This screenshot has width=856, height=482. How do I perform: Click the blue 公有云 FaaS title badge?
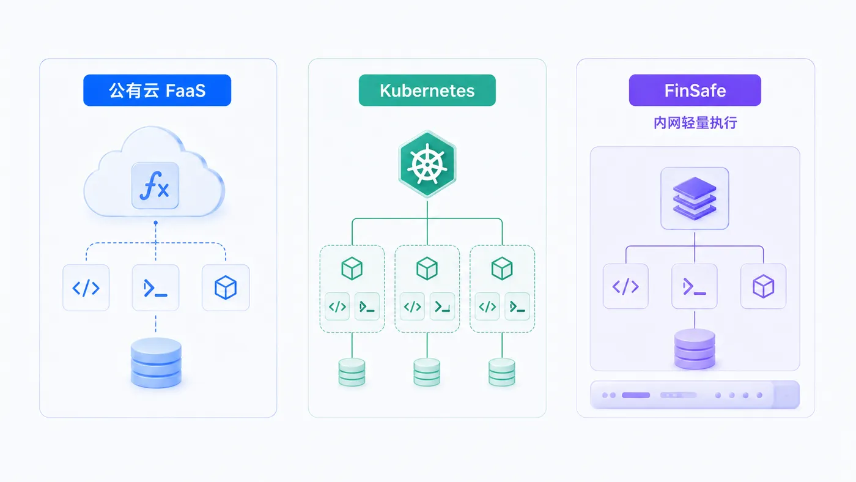[157, 90]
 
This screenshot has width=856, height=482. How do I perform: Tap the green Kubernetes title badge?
[427, 90]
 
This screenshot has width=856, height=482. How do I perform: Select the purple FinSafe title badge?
[695, 90]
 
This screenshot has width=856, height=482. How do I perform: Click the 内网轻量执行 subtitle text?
[695, 123]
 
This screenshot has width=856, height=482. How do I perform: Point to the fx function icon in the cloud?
[155, 186]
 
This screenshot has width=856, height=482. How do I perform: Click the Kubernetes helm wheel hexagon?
[427, 165]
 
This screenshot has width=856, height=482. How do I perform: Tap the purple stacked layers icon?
[695, 198]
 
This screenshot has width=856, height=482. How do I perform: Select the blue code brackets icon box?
[86, 287]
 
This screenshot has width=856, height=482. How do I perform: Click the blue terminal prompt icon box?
[155, 287]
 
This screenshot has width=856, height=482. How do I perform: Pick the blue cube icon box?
[226, 287]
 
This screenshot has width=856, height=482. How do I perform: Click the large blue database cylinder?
[156, 363]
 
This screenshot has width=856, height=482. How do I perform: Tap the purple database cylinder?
[695, 349]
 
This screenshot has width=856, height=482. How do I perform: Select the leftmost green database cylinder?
[352, 372]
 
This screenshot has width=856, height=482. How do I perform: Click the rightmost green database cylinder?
[502, 372]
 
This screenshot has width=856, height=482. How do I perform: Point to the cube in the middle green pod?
[427, 269]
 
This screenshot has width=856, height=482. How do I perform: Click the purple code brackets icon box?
[625, 286]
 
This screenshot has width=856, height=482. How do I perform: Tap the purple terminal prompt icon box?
[695, 286]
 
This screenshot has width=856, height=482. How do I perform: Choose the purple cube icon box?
[763, 286]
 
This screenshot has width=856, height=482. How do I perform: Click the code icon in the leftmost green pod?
[337, 306]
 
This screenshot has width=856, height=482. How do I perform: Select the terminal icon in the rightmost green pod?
[517, 306]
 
